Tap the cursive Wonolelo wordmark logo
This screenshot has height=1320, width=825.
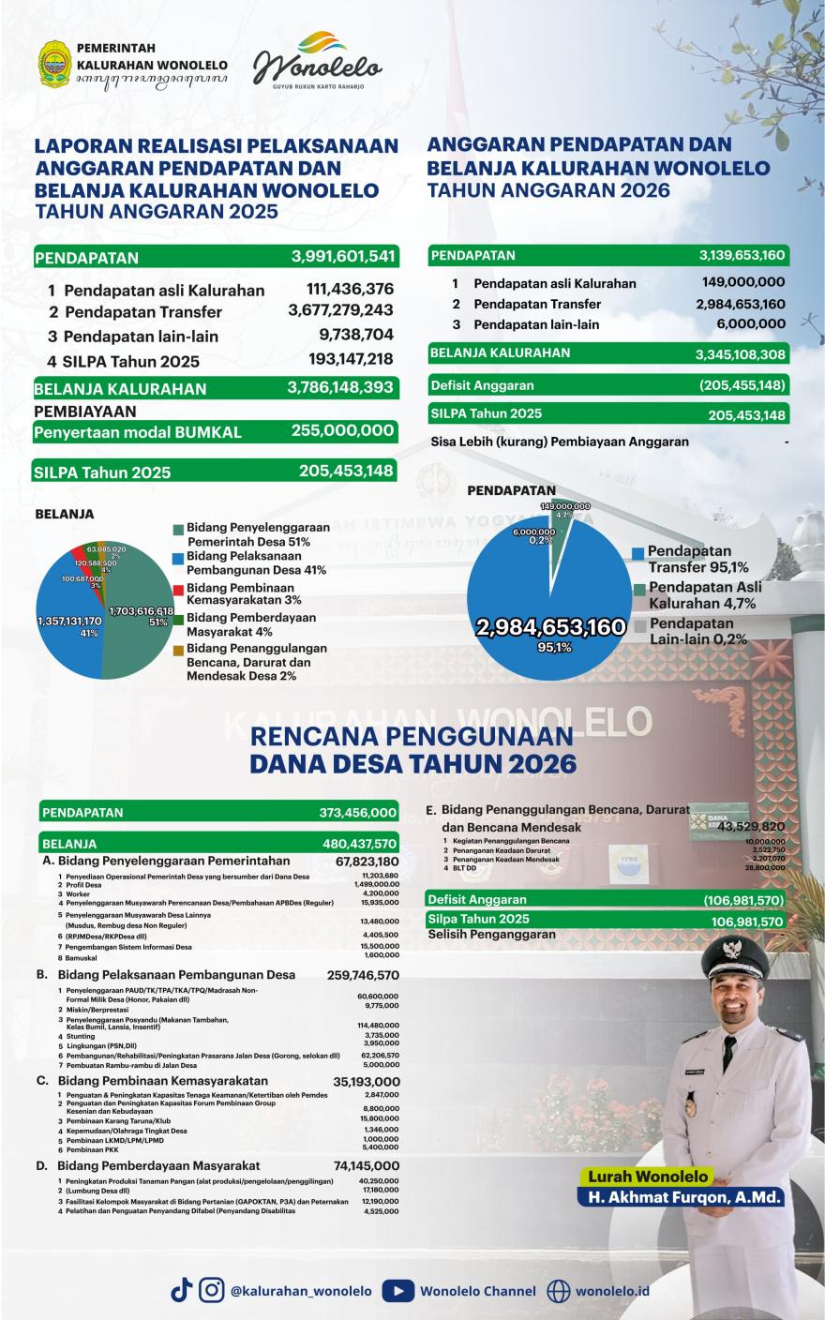click(319, 64)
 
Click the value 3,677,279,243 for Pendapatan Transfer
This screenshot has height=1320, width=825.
click(340, 310)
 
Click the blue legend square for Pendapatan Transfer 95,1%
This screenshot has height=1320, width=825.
click(638, 553)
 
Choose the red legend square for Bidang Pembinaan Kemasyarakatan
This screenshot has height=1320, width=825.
click(178, 589)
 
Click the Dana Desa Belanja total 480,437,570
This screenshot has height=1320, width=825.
click(359, 843)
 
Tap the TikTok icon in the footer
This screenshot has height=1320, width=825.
click(181, 1290)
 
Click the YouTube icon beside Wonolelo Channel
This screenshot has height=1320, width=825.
click(399, 1291)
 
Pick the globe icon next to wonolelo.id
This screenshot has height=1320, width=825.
click(559, 1291)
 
